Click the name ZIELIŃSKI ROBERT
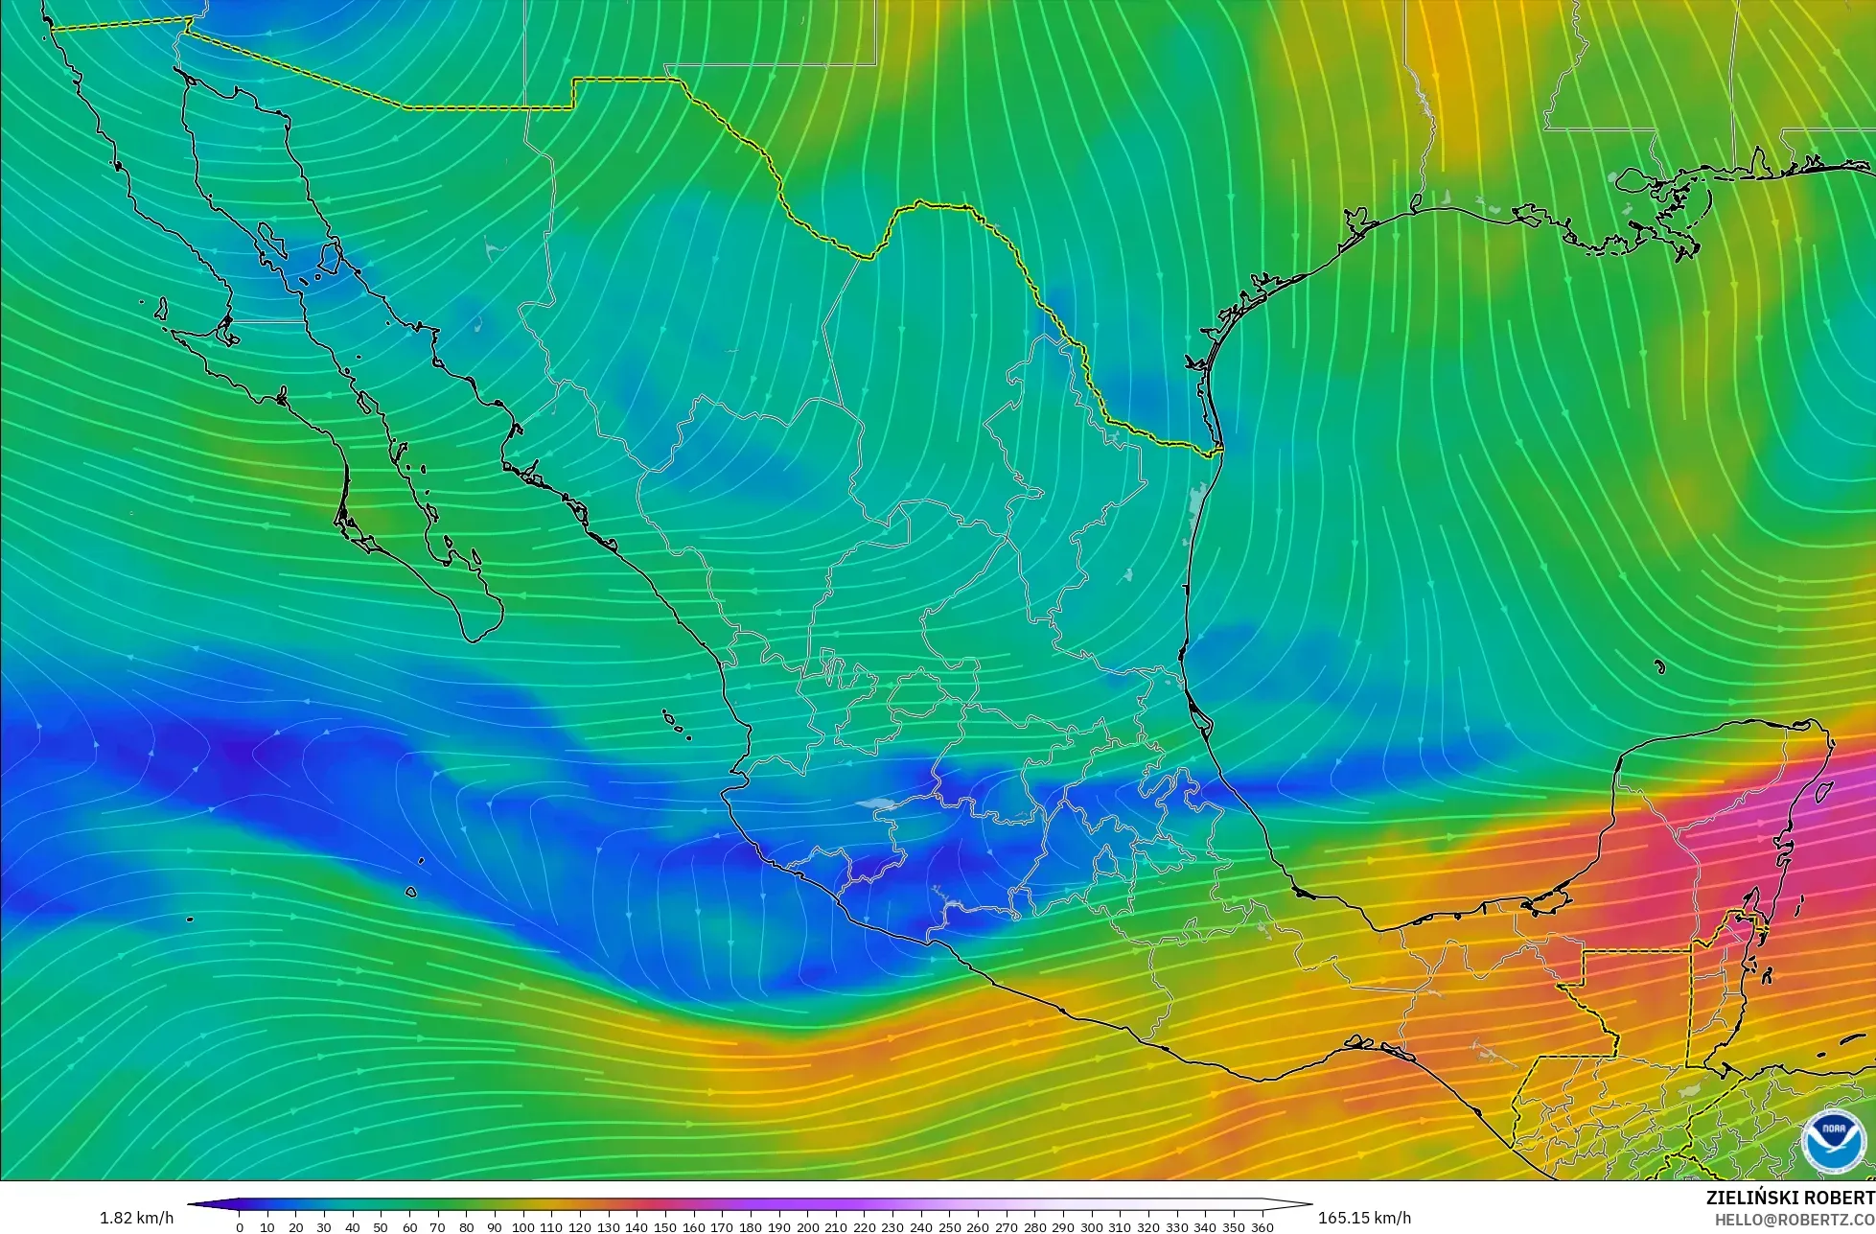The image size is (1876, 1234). (x=1790, y=1199)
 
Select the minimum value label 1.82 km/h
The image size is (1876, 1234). (x=136, y=1218)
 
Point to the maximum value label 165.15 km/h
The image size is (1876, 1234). (x=1364, y=1218)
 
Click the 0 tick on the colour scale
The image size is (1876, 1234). (x=240, y=1227)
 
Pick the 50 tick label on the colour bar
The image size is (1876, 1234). (x=381, y=1227)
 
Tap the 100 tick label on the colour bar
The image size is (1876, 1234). (x=523, y=1227)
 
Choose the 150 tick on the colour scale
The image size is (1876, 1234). (x=665, y=1227)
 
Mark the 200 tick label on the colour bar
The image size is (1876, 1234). (x=807, y=1227)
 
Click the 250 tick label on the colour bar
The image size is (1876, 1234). (x=949, y=1227)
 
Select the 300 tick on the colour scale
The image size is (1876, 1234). (x=1091, y=1227)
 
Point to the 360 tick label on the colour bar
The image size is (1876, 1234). (x=1262, y=1227)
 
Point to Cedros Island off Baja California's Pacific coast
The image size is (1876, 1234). (x=160, y=309)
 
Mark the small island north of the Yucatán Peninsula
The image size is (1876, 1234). (x=1659, y=666)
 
